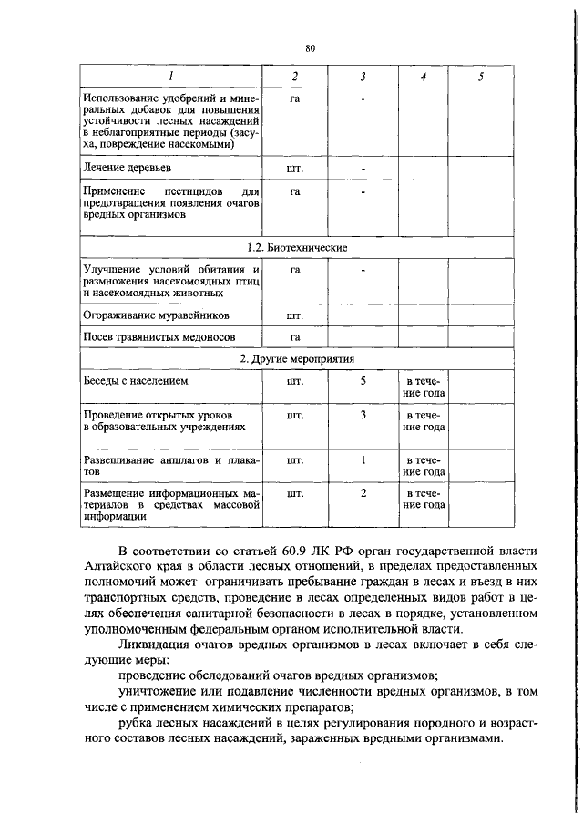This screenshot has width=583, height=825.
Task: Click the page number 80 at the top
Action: click(x=310, y=48)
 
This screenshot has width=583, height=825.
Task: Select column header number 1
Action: click(x=170, y=77)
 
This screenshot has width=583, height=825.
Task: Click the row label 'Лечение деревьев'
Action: click(x=126, y=169)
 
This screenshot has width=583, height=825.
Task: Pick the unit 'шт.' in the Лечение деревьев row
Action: click(x=294, y=170)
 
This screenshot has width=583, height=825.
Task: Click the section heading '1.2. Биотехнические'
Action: click(x=298, y=247)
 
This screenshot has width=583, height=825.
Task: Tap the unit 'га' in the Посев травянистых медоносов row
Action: click(x=294, y=337)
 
